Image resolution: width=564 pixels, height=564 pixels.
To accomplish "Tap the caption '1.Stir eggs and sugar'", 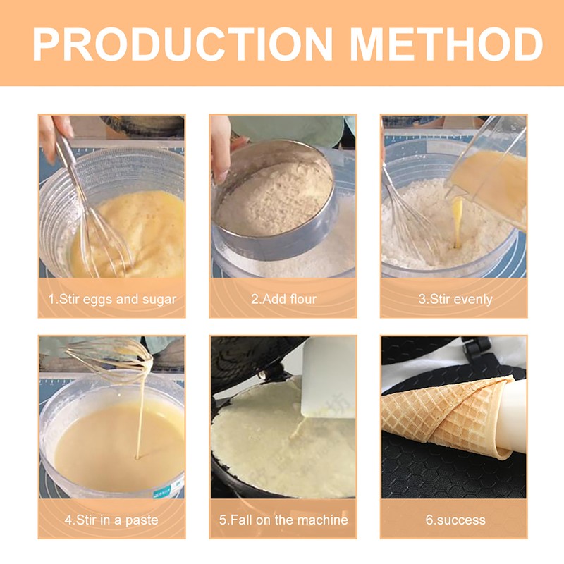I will [x=112, y=299].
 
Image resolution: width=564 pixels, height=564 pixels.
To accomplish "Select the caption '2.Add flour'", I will [x=283, y=299].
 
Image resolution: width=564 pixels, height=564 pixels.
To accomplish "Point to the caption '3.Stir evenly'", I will [x=455, y=299].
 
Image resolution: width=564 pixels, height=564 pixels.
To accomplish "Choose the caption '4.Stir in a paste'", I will [x=112, y=520].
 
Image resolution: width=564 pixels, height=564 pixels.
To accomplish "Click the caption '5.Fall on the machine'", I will [x=283, y=520].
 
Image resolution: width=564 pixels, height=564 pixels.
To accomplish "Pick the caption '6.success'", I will [x=455, y=520].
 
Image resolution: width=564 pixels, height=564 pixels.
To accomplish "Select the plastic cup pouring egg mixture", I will [x=490, y=176].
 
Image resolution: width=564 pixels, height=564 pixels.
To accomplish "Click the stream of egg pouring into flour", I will [x=458, y=222].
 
